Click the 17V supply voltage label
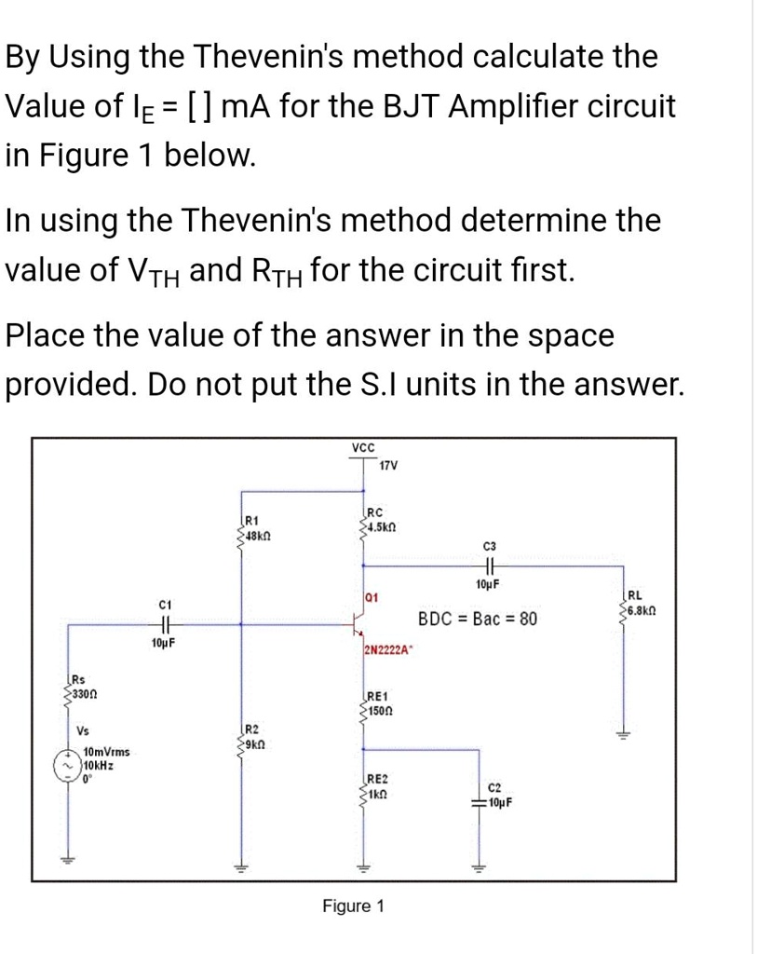click(389, 466)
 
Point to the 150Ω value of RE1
click(378, 712)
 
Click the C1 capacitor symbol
click(164, 625)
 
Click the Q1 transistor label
click(371, 593)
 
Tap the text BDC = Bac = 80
click(477, 620)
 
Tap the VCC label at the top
click(362, 448)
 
